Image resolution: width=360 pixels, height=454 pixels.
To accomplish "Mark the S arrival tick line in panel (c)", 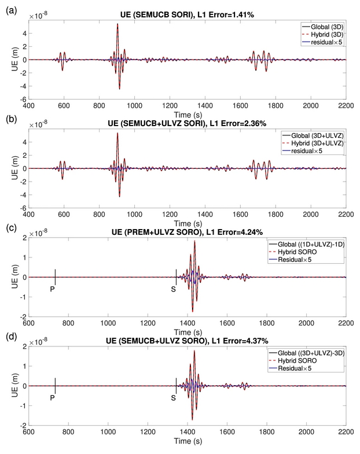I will click(176, 276).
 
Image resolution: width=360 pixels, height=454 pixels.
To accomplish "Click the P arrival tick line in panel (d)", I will click(55, 385).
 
